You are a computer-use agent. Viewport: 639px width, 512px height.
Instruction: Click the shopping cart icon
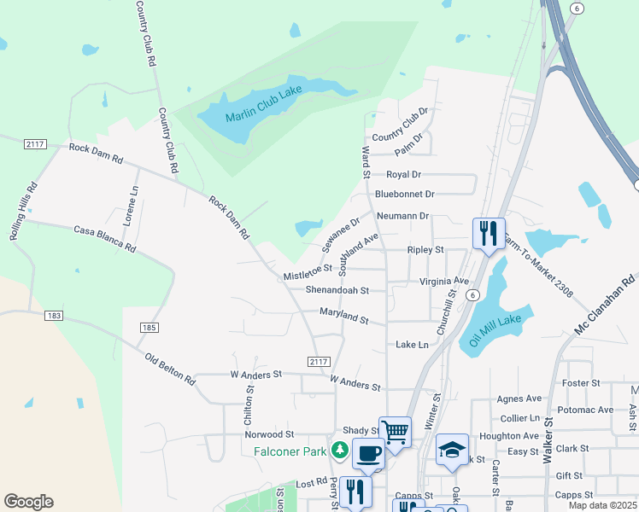(395, 431)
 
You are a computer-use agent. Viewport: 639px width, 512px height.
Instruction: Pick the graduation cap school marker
(452, 450)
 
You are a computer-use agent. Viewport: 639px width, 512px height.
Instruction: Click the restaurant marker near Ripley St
(489, 232)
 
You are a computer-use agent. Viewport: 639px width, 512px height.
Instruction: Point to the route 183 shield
(54, 316)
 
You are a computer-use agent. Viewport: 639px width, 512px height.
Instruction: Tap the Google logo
(28, 502)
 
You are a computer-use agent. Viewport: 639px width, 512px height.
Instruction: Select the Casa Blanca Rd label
(104, 239)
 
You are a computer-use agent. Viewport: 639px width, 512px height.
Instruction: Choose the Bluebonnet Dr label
(405, 195)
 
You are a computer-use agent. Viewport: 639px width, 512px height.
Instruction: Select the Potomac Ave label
(593, 410)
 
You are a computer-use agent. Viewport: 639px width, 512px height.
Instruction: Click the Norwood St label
(269, 434)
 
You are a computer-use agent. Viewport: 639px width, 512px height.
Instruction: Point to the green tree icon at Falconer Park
(340, 450)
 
